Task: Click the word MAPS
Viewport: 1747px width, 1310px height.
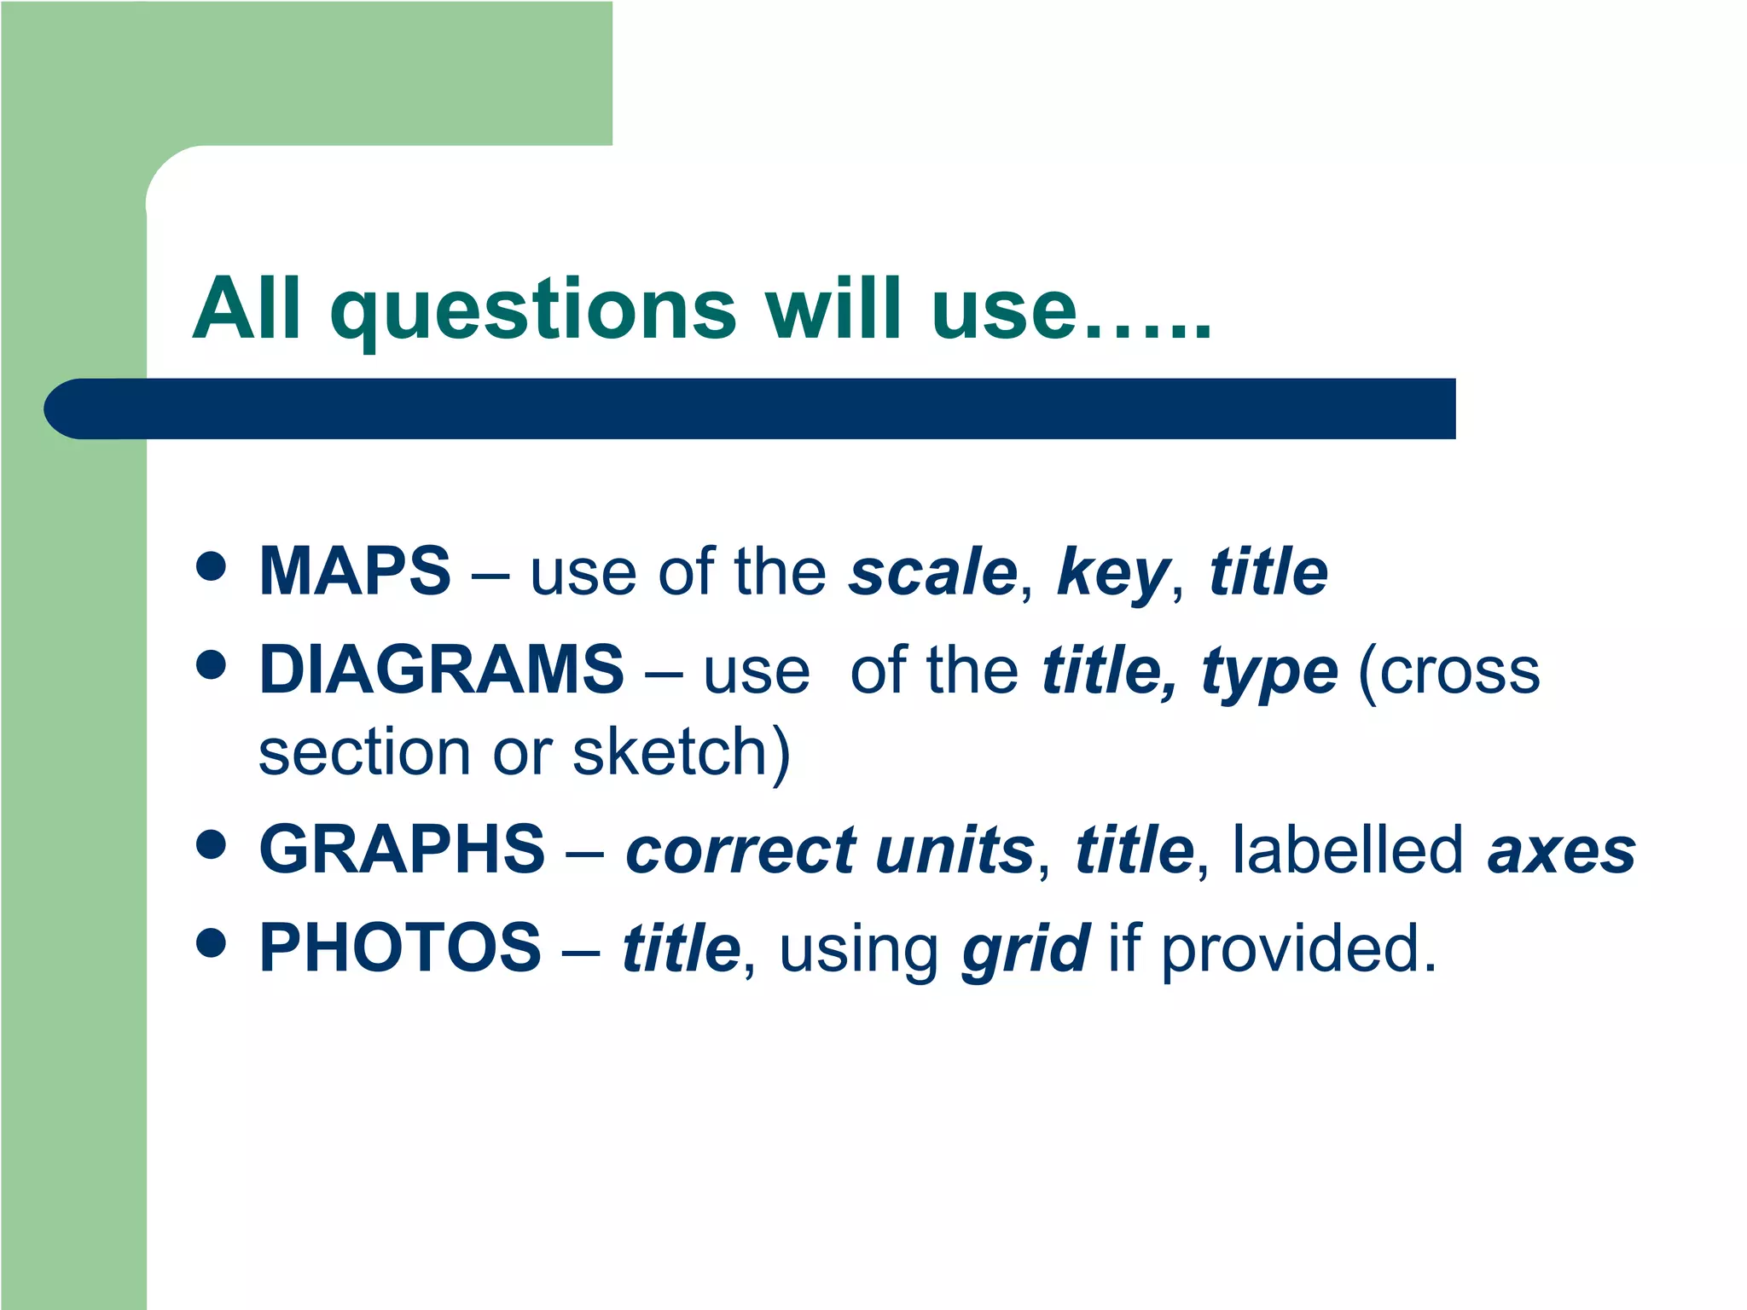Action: click(x=354, y=571)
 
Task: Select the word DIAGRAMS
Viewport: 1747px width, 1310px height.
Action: click(x=441, y=669)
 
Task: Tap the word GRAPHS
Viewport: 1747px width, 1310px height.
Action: click(x=401, y=849)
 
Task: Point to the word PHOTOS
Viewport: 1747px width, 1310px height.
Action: click(x=399, y=948)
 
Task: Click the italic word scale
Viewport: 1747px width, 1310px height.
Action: click(x=932, y=572)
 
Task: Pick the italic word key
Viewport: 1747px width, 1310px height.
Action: click(x=1111, y=574)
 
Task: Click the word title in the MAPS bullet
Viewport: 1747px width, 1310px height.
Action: click(x=1268, y=571)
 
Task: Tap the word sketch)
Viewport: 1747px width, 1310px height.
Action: click(x=681, y=753)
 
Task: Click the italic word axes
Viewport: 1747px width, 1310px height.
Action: click(x=1561, y=852)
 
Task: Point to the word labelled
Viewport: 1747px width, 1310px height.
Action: click(x=1348, y=849)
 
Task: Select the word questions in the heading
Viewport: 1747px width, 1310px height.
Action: click(x=533, y=310)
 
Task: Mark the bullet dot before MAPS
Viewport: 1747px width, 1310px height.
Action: click(x=211, y=565)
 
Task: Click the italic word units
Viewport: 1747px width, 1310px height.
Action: click(x=955, y=851)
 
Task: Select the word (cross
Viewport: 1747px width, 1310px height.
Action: click(x=1448, y=671)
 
